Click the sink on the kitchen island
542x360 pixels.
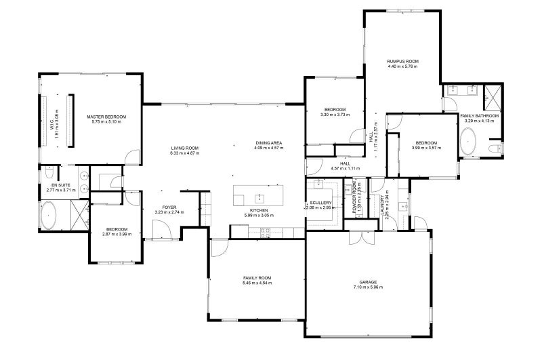pos(258,198)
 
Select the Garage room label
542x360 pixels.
pos(369,281)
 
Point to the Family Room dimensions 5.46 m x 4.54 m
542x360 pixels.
pos(257,283)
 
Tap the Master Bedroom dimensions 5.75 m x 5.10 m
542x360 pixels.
pos(106,123)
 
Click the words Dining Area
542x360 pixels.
pos(268,142)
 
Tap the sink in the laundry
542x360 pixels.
pos(403,207)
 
